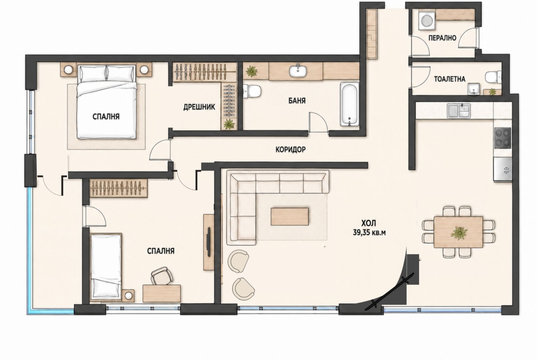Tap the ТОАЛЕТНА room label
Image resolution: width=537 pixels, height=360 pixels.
point(450,79)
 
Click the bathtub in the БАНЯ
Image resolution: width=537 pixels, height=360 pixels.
point(349,104)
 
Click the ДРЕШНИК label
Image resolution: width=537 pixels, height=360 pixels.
point(199,107)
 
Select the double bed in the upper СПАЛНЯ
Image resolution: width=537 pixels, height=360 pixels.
point(106,102)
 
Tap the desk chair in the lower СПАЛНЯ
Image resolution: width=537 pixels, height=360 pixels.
point(162,276)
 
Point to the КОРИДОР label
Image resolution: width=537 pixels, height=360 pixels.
point(291,150)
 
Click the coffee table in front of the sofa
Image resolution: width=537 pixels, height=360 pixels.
point(290,216)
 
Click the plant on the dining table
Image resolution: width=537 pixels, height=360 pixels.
point(459,233)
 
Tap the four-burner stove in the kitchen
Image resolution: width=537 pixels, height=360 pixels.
point(503,138)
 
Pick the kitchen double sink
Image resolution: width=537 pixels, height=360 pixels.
point(459,111)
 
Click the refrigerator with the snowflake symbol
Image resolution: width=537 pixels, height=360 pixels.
point(503,169)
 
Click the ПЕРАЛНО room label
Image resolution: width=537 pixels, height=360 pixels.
point(442,38)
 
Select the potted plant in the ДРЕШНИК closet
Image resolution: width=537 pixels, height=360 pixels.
point(229,124)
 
